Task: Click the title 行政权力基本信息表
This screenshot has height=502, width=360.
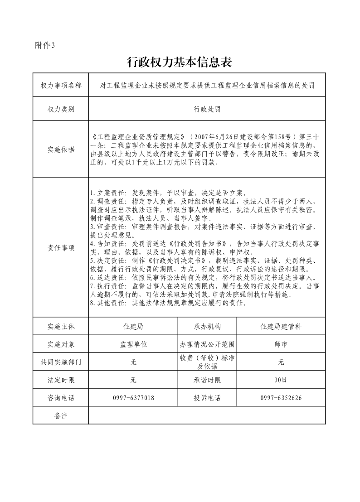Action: coord(180,63)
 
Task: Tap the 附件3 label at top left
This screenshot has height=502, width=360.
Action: coord(44,45)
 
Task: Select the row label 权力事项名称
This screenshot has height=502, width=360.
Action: coord(61,85)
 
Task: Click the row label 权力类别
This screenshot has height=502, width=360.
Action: coord(61,109)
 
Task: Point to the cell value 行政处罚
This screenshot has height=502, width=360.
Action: coord(207,109)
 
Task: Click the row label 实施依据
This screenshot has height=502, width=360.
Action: coord(61,150)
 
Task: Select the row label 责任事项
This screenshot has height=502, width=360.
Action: coord(61,248)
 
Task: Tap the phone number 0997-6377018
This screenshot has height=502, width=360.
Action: coord(133,398)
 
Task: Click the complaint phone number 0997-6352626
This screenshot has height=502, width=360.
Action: coord(281,398)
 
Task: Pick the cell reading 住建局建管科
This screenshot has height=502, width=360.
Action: coord(281,327)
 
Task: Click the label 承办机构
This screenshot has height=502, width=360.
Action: coord(207,327)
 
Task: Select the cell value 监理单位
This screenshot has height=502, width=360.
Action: coord(133,344)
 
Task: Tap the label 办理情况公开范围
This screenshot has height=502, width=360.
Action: coord(207,344)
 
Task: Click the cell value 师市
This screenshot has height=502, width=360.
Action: coord(281,344)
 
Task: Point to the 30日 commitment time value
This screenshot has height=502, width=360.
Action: coord(281,380)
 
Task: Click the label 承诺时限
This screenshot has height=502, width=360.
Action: coord(207,380)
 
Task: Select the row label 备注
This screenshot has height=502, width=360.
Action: coord(61,415)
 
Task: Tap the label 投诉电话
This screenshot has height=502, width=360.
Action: coord(207,398)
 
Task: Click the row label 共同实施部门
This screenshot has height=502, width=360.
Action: coord(61,362)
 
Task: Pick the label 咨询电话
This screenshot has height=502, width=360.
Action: coord(61,398)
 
